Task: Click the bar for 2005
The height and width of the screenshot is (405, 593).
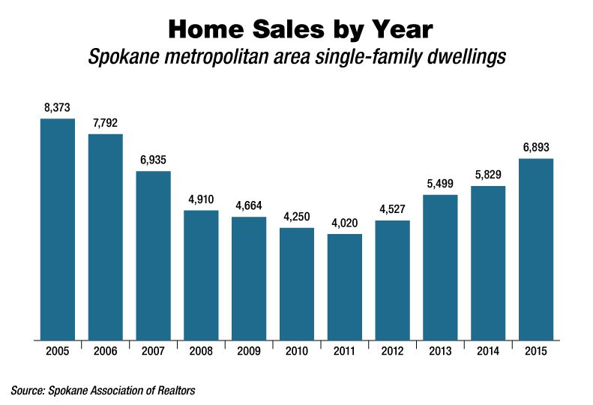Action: pyautogui.click(x=57, y=229)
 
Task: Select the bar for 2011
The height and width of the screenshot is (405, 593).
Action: pyautogui.click(x=345, y=286)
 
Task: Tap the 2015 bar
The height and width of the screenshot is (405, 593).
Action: pyautogui.click(x=536, y=249)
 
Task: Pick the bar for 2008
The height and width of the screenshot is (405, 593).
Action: pyautogui.click(x=201, y=274)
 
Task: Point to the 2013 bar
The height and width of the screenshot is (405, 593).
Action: pyautogui.click(x=440, y=267)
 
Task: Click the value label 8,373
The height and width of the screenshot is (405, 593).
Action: pyautogui.click(x=57, y=108)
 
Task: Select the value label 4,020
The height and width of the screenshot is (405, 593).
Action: pyautogui.click(x=345, y=223)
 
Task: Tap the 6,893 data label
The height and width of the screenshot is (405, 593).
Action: pyautogui.click(x=536, y=148)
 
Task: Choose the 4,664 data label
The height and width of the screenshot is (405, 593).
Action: pyautogui.click(x=249, y=206)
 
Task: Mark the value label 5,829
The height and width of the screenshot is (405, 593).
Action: pyautogui.click(x=488, y=175)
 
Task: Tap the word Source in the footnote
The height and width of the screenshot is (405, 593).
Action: pyautogui.click(x=27, y=390)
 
